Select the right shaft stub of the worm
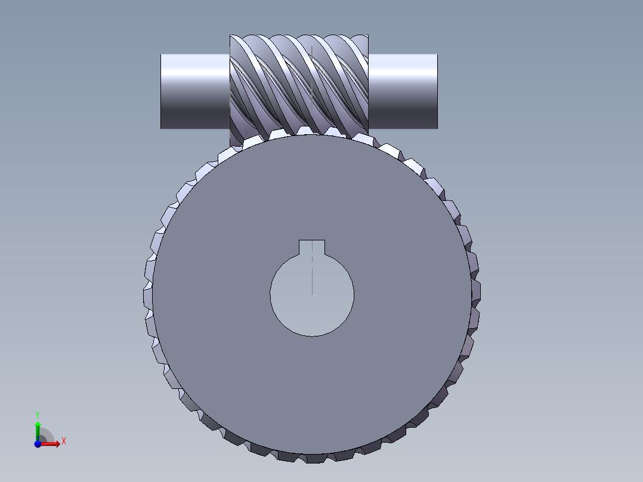point(403,91)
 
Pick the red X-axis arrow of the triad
point(51,443)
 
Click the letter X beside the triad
point(63,441)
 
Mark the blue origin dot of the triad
point(37,444)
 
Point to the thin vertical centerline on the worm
point(311,84)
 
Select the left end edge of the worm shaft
point(161,91)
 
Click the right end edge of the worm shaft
point(437,91)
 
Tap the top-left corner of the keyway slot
point(299,240)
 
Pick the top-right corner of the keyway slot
point(325,240)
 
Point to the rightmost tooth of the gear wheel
point(476,292)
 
